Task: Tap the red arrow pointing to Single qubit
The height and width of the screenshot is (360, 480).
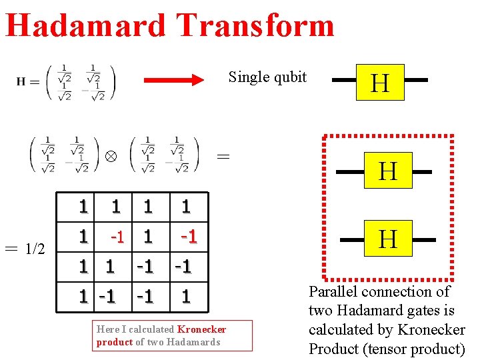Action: pos(175,81)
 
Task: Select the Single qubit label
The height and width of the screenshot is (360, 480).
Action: pos(267,77)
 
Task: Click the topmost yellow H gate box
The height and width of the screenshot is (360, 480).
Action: pos(380,82)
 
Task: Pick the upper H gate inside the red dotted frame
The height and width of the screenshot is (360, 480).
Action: pos(388,171)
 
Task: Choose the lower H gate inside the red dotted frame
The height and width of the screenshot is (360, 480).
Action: pos(388,238)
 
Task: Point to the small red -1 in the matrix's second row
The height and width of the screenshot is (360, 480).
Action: pos(117,237)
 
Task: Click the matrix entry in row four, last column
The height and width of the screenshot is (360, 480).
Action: pos(186,296)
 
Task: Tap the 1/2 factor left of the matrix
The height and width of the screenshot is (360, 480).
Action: pos(35,249)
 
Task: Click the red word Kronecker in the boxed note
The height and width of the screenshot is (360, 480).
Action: pos(202,329)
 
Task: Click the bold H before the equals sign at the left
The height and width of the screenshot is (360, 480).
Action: pos(21,82)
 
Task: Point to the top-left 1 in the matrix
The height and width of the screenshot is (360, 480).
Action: pos(83,207)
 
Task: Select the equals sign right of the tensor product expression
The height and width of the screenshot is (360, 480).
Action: pos(224,157)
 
